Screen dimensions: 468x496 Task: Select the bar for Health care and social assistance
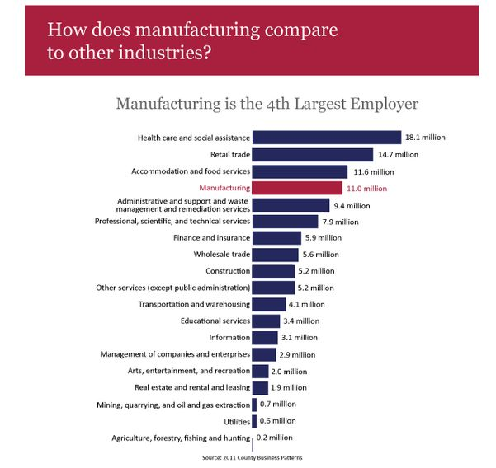click(326, 138)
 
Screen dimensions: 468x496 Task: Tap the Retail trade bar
click(312, 154)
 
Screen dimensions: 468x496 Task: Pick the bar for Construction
click(272, 271)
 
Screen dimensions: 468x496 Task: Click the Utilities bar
click(254, 421)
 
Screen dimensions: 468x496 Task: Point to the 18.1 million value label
click(425, 138)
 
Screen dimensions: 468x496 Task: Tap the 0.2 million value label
click(273, 438)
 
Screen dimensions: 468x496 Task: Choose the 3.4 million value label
click(301, 321)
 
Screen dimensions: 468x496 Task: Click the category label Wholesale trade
click(221, 255)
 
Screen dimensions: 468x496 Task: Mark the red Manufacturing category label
click(224, 188)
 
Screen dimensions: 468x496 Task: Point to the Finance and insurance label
click(211, 238)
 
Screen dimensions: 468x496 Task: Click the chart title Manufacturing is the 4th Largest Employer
click(267, 104)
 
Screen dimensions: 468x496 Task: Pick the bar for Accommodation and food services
click(299, 171)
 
